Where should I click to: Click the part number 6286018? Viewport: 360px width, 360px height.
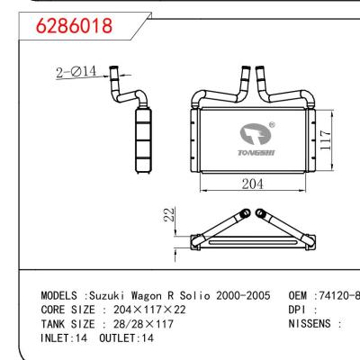coord(74,26)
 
